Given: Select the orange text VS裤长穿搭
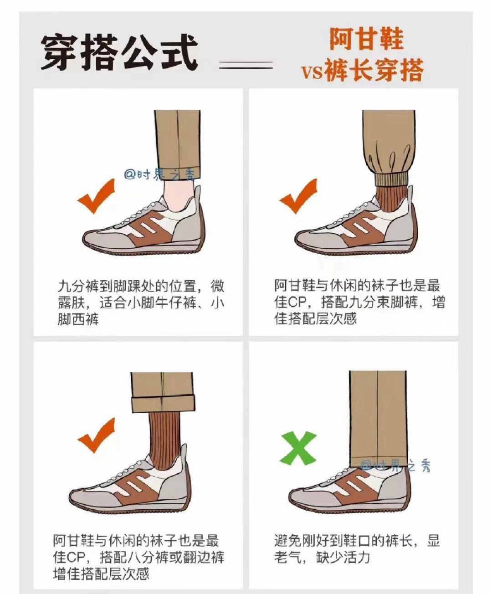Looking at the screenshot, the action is coord(362,70).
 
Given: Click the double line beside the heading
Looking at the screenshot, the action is coord(246,65).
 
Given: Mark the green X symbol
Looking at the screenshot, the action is coord(297,448).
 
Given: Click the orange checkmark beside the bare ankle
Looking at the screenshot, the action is coord(97,196).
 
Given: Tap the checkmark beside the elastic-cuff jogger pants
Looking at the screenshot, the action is coord(298,196).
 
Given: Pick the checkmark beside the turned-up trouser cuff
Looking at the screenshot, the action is coord(97,435).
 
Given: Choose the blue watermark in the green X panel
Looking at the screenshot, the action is coord(396,466).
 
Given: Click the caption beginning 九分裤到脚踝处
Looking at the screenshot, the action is coord(141,302).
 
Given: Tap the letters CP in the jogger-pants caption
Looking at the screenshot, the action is coord(291,302).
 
